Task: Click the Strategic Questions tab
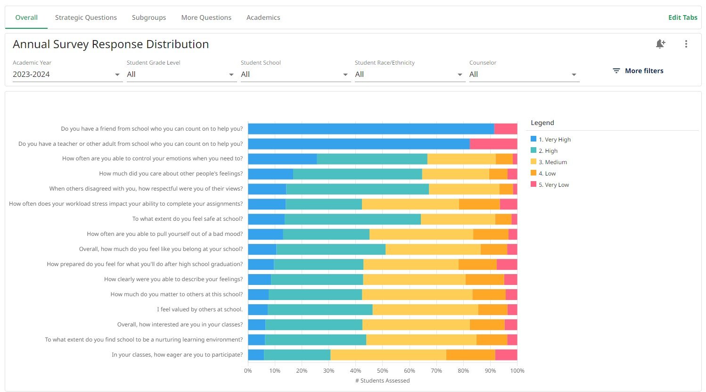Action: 86,17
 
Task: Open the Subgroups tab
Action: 149,17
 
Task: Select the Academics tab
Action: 263,17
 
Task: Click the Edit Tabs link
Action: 682,17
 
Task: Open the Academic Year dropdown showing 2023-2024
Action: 66,75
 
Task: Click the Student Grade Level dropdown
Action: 181,75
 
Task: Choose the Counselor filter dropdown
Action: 523,75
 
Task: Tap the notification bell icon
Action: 660,44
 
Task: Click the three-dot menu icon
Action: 686,44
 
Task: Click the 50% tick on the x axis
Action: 382,371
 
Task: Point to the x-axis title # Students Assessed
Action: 382,381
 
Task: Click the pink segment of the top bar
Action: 505,129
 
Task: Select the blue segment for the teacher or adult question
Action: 358,144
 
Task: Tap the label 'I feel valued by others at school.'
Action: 200,309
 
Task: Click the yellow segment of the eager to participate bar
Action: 388,355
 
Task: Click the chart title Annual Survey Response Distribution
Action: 111,44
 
